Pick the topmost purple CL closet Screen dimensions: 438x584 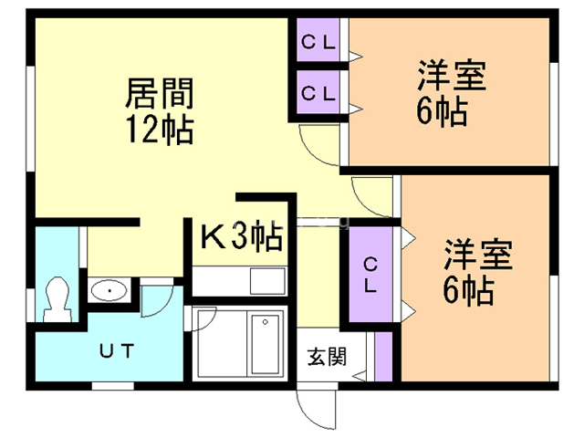[x=318, y=41]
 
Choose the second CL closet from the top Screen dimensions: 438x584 [x=318, y=92]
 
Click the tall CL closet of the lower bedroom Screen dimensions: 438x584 [x=370, y=275]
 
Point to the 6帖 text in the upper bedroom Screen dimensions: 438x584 [x=443, y=113]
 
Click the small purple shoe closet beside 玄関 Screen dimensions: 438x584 [x=383, y=357]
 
